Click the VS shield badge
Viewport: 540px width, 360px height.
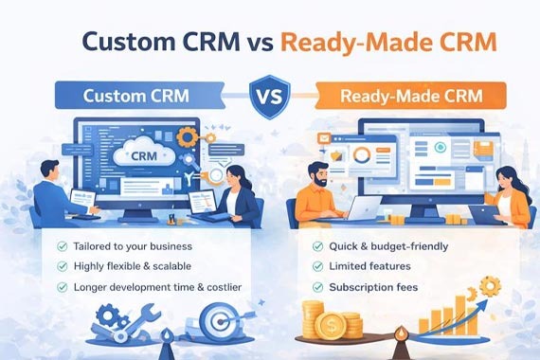pyautogui.click(x=270, y=97)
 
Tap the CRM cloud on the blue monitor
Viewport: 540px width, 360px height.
pyautogui.click(x=141, y=153)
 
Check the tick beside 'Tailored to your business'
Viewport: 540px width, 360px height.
pyautogui.click(x=62, y=246)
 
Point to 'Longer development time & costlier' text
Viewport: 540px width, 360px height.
pyautogui.click(x=161, y=286)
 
